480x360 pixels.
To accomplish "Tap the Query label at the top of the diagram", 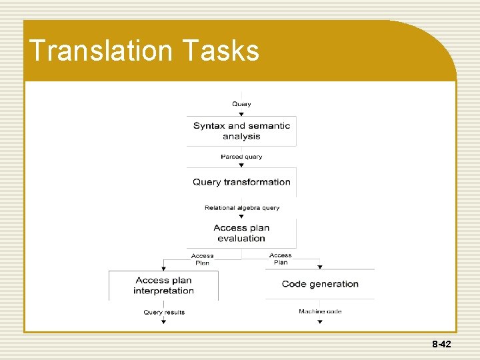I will tap(241, 104).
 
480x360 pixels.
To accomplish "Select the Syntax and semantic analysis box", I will tap(241, 131).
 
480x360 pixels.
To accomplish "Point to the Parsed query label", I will tap(241, 157).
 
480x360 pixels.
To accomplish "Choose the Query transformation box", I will tap(241, 182).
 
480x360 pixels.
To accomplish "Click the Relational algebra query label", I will tap(241, 208).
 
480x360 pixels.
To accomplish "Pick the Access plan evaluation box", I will tap(241, 233).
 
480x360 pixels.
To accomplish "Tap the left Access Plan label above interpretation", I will tap(202, 259).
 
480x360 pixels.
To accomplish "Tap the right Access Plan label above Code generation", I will tap(281, 259).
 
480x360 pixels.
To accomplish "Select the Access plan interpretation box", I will tap(163, 285).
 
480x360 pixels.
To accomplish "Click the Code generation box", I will tap(320, 284).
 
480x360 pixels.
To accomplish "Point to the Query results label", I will tap(164, 312).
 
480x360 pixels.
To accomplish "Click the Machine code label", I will tap(320, 311).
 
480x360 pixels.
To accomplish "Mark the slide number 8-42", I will tap(441, 345).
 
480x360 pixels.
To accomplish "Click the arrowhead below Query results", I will tap(164, 322).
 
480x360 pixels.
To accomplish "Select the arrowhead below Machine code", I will tap(319, 322).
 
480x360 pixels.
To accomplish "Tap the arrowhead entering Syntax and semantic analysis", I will tap(241, 113).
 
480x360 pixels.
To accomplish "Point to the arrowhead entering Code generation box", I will tap(319, 267).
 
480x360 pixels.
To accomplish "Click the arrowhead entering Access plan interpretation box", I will tap(164, 267).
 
